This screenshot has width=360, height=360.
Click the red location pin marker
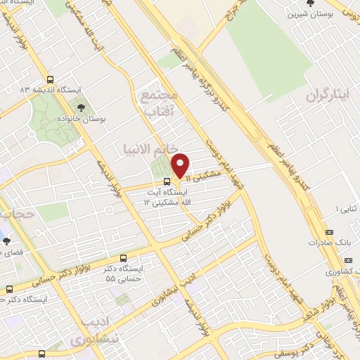pyautogui.click(x=181, y=164)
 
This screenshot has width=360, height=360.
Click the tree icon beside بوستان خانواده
pyautogui.click(x=82, y=108)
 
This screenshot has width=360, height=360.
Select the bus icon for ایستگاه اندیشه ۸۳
pyautogui.click(x=50, y=79)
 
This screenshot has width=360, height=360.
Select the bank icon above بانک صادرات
pyautogui.click(x=330, y=233)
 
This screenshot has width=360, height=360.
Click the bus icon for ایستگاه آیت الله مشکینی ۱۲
pyautogui.click(x=166, y=180)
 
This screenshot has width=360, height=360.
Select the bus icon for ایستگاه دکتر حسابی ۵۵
pyautogui.click(x=124, y=258)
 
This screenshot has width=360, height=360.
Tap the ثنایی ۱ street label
pyautogui.click(x=345, y=210)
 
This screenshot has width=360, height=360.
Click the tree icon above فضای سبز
pyautogui.click(x=6, y=240)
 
